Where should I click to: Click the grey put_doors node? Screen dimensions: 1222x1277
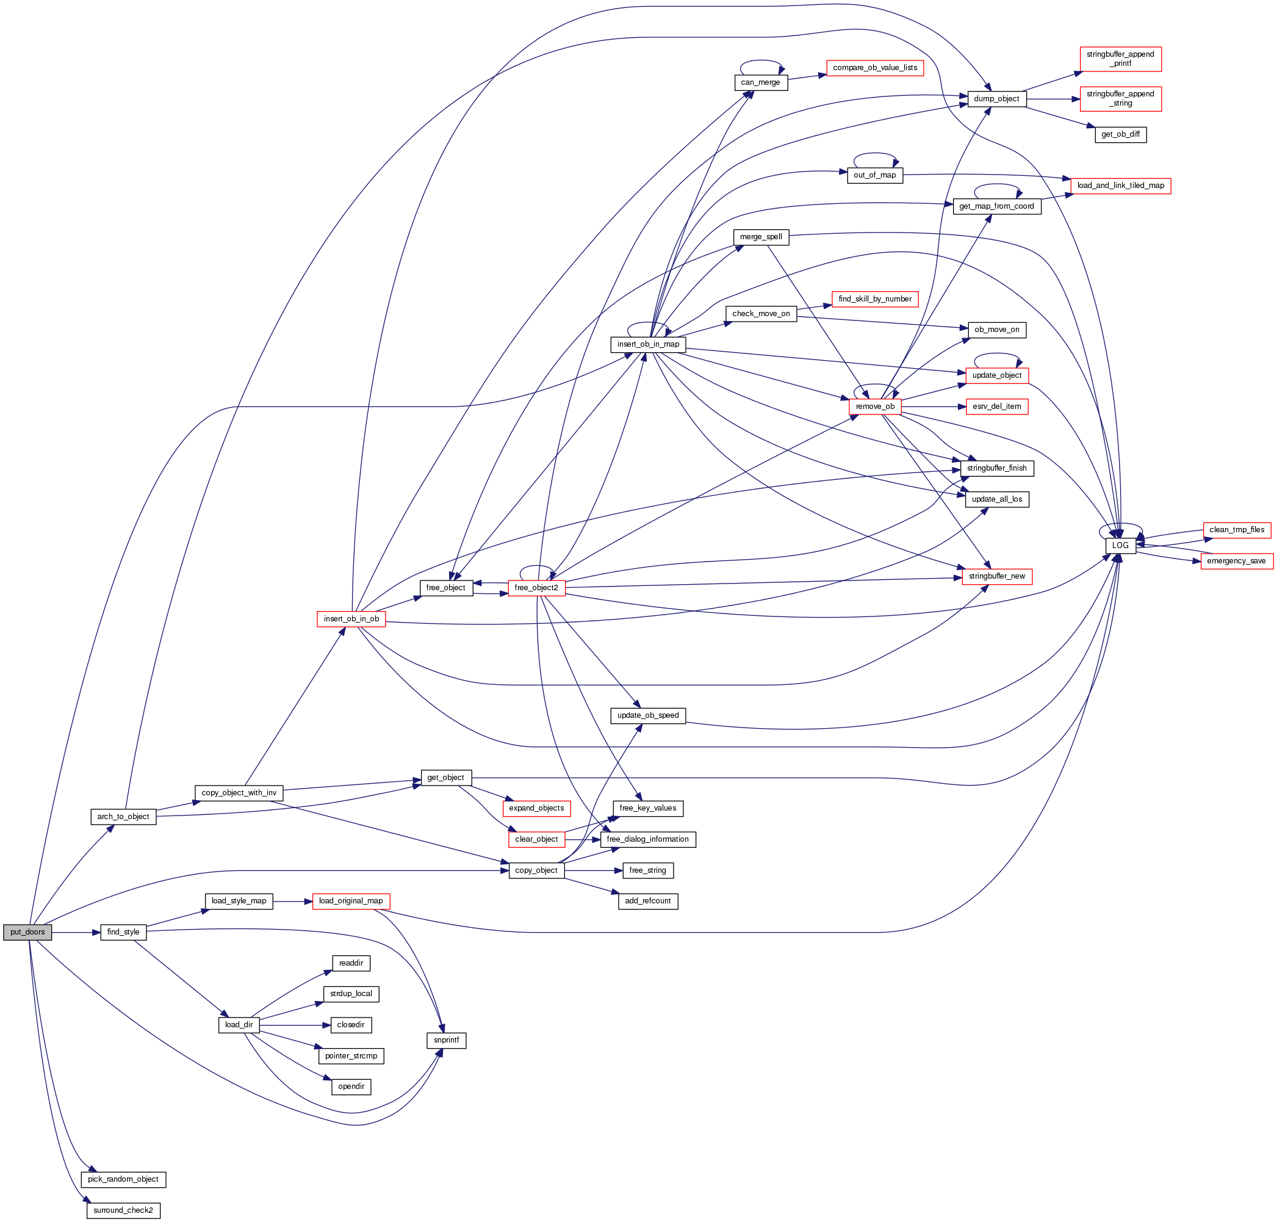click(27, 932)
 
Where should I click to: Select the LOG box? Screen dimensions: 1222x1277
click(1120, 545)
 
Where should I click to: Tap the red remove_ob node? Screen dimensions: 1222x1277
click(874, 407)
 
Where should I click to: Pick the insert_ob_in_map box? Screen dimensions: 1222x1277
click(648, 345)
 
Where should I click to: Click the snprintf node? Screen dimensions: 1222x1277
click(446, 1040)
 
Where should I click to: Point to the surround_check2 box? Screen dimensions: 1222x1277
click(123, 1210)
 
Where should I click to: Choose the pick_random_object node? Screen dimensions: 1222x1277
click(123, 1179)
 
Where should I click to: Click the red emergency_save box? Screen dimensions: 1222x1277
click(1236, 561)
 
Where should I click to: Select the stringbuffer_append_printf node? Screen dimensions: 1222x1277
click(1120, 59)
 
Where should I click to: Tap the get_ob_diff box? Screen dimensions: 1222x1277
click(1120, 135)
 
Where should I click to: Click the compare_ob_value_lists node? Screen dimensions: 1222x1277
click(874, 68)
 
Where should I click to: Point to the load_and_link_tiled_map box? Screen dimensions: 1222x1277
click(1120, 186)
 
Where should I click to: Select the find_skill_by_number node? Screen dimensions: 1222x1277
click(874, 299)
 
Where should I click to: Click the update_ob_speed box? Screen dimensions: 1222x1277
click(648, 715)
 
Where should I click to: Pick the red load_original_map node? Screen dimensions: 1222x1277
click(351, 901)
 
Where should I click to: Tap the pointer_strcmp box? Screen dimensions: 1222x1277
click(351, 1056)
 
